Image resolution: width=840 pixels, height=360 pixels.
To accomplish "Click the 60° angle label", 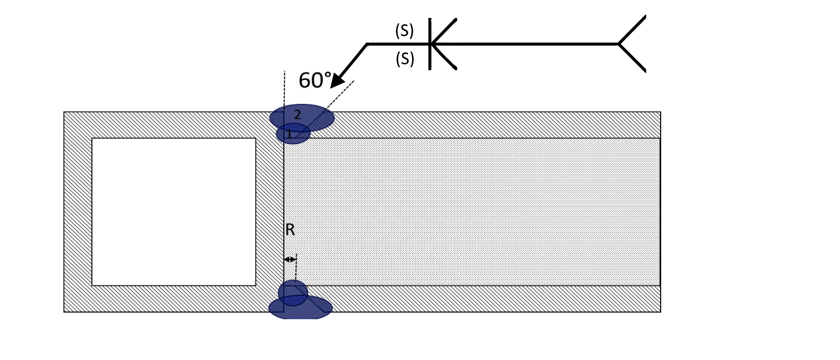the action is coord(316,80).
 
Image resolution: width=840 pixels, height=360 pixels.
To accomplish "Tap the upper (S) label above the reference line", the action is coord(404,31).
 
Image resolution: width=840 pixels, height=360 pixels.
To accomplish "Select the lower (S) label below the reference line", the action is coord(405,59).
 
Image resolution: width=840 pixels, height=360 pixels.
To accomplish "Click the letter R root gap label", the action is coord(290,229).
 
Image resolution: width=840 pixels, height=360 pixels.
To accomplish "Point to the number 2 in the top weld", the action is coord(298,115).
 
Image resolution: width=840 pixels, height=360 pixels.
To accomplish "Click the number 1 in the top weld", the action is coord(289,134).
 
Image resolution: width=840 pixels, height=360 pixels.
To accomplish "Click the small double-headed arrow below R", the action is coord(290,259).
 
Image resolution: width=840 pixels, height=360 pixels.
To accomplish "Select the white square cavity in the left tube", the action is coord(173,212).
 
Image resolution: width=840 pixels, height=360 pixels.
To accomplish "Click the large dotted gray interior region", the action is coord(472,212).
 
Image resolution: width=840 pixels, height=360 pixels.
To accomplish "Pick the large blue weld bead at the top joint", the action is coord(302,118).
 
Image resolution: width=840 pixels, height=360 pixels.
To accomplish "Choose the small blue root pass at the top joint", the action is coord(293,133).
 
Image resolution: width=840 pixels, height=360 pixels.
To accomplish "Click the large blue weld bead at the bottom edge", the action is coord(301,307).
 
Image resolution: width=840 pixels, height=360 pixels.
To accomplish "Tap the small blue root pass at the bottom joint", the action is coord(293,293).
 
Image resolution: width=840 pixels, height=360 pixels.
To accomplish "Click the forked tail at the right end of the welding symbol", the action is coord(632,44).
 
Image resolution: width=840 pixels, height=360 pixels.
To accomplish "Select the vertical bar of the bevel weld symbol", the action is coord(430,44).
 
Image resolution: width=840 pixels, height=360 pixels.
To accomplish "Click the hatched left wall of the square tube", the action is coord(77,212).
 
